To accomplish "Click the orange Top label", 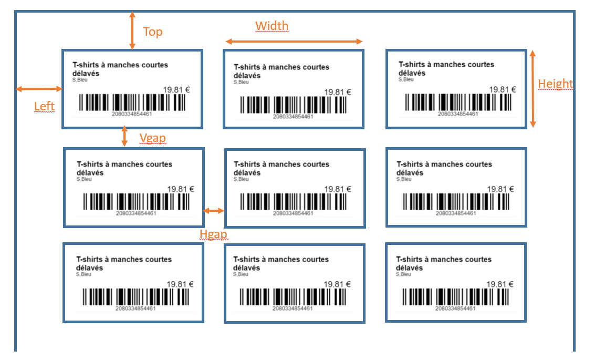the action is (x=153, y=32).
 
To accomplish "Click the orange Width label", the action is (x=272, y=26).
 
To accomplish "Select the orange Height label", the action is (x=555, y=84).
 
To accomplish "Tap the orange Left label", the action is (x=44, y=106).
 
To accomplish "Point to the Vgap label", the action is (x=152, y=138).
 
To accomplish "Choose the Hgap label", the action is (x=213, y=234).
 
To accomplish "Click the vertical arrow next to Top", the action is (x=132, y=30).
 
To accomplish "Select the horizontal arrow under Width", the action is (x=294, y=42).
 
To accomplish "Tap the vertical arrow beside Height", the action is (x=533, y=89).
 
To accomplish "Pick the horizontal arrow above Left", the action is (x=39, y=89).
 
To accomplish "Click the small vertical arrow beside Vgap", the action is (x=124, y=136).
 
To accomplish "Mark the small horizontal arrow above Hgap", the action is (x=214, y=211).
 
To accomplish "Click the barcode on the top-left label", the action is (x=132, y=103).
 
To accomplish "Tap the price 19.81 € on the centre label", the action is (x=338, y=189).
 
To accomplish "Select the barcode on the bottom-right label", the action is (x=456, y=297).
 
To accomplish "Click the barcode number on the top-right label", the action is (x=458, y=114).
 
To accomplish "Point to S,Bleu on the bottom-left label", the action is (x=84, y=274).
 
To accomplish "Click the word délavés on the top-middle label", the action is (x=247, y=76).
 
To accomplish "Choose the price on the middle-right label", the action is (x=500, y=189).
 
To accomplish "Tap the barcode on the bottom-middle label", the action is (x=293, y=297).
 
